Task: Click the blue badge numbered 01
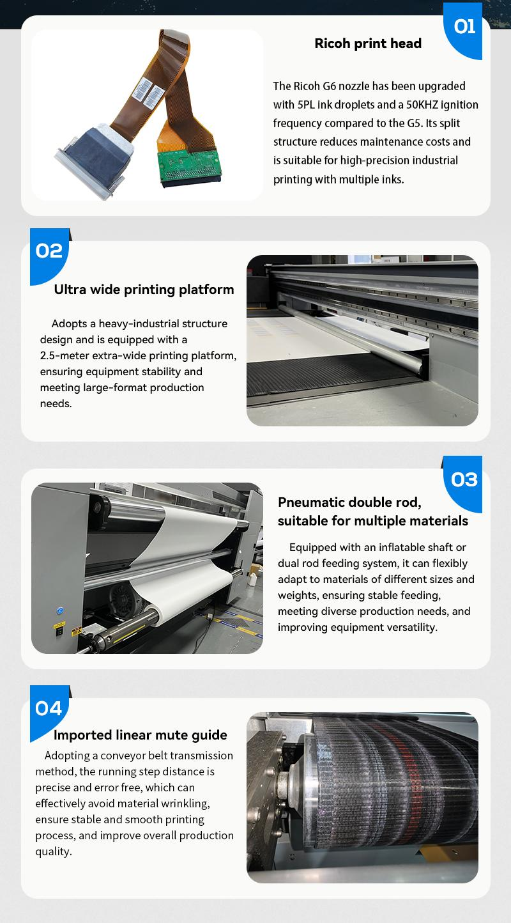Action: tap(464, 29)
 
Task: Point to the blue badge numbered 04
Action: tap(49, 712)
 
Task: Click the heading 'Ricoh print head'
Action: tap(368, 43)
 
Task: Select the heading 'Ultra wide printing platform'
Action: tap(144, 290)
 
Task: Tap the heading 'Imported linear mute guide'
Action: tap(140, 734)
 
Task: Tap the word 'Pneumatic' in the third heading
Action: tap(309, 502)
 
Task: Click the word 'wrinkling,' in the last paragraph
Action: tap(185, 803)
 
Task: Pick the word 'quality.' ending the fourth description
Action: tap(54, 851)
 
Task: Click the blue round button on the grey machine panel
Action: tap(59, 610)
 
